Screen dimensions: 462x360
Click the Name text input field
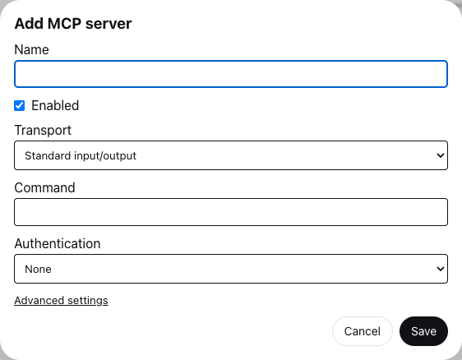coord(231,74)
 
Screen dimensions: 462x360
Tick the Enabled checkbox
coord(20,105)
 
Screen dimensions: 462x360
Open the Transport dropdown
coord(231,155)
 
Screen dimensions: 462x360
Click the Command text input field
coord(231,212)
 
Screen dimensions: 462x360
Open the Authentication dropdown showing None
coord(231,269)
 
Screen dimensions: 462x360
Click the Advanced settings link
coord(62,301)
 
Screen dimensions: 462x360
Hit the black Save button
coord(423,331)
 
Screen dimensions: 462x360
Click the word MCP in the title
coord(64,24)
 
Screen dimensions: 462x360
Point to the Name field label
coord(31,49)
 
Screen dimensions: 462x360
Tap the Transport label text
coord(43,130)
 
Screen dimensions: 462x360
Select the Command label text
coord(44,187)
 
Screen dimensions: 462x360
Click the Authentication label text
coord(58,243)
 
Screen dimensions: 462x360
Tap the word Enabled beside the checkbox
coord(55,105)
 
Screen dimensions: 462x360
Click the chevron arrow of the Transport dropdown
coord(441,155)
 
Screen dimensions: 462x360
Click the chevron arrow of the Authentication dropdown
coord(441,269)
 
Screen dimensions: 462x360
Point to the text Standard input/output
coord(81,155)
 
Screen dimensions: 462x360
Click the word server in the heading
coord(109,24)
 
